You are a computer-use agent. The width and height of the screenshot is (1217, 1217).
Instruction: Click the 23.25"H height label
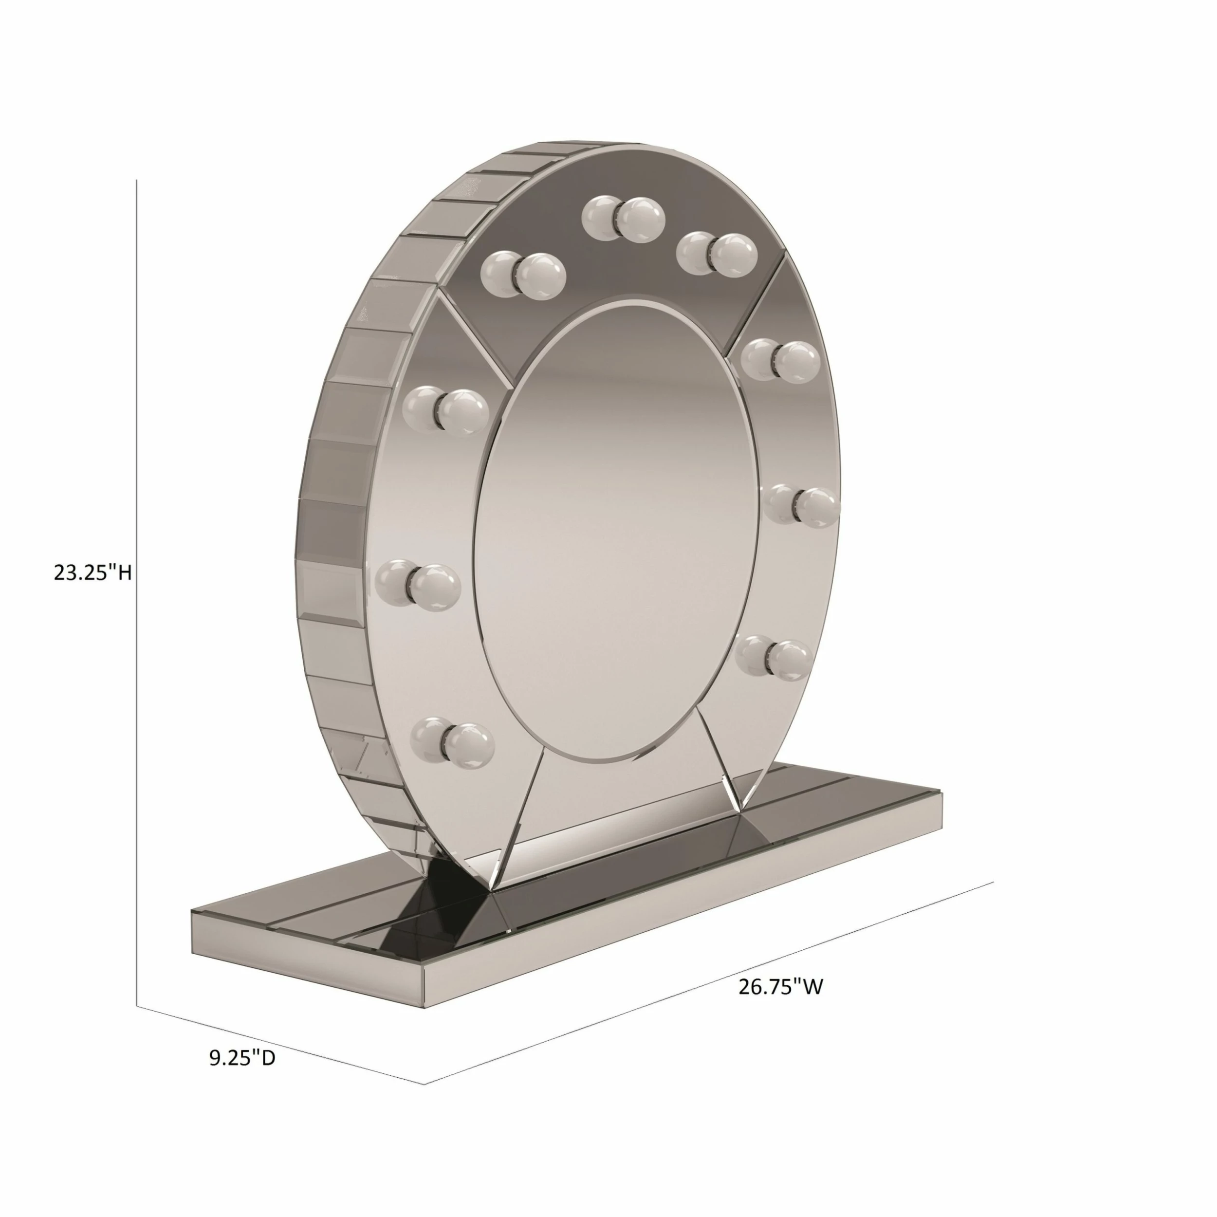tap(92, 573)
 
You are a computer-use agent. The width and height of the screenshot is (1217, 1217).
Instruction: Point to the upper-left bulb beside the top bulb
tap(523, 275)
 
